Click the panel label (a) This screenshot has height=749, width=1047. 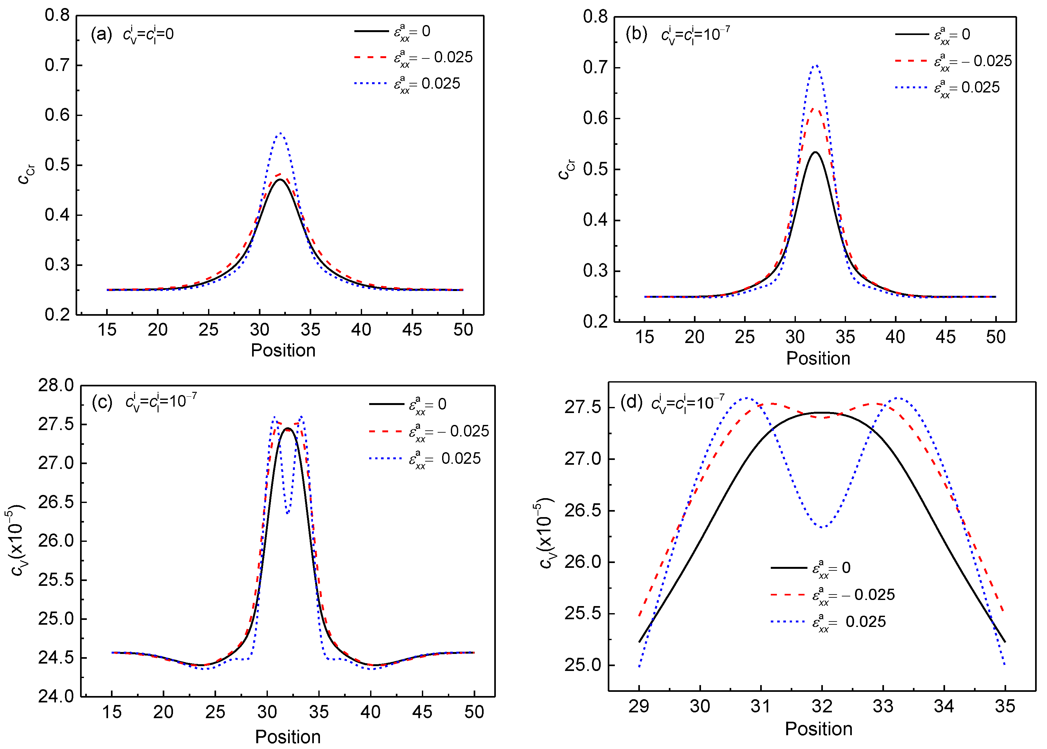coord(101,35)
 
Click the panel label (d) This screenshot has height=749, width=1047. coord(632,403)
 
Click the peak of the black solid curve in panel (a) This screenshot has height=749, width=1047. coord(280,180)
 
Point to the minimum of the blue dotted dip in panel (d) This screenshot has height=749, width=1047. coord(822,527)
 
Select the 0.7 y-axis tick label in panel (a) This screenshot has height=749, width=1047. coord(57,65)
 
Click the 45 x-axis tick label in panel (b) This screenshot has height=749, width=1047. coord(945,337)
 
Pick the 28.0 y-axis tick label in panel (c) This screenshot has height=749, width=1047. coord(56,385)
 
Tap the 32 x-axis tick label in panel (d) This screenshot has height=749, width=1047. coord(822,706)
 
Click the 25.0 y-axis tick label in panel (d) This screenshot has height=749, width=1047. coord(583,665)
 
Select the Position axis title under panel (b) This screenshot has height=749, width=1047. coord(818,358)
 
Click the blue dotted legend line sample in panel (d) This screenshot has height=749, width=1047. coord(788,622)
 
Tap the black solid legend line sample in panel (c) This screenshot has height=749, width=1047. coord(387,404)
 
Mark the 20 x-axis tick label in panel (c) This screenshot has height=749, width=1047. coord(163,712)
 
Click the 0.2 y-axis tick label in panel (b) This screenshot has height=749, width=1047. coord(596,322)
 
